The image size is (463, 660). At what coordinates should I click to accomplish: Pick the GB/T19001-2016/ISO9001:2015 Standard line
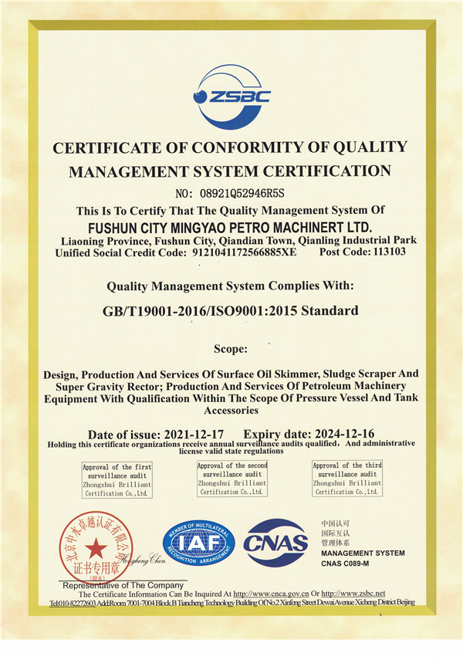tap(230, 311)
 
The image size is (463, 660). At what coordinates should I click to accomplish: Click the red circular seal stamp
tap(96, 547)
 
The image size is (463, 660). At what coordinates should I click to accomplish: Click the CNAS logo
tap(275, 542)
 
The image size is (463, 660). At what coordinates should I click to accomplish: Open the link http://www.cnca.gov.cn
tap(280, 593)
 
